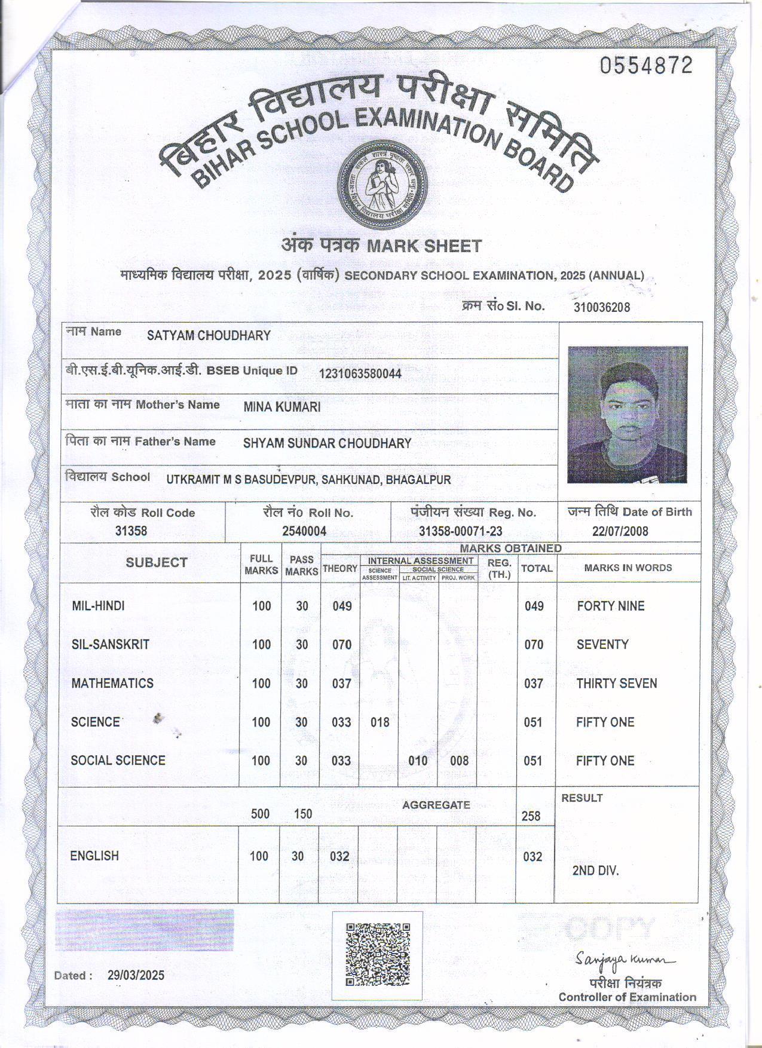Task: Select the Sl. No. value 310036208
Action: [601, 308]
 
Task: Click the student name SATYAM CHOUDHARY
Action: [209, 335]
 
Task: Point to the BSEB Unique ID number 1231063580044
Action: [360, 374]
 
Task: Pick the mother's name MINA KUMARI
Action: [282, 407]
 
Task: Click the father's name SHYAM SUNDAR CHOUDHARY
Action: [327, 443]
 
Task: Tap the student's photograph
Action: [627, 414]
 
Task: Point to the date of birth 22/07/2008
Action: [620, 531]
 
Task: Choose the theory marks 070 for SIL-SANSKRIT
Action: [342, 645]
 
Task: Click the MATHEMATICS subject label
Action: [112, 684]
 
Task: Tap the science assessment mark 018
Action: [380, 722]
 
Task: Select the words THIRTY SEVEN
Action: [616, 684]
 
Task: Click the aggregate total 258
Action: [531, 816]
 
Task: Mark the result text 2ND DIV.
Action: [595, 871]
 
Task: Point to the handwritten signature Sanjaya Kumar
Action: [625, 960]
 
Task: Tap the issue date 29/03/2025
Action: [136, 976]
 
